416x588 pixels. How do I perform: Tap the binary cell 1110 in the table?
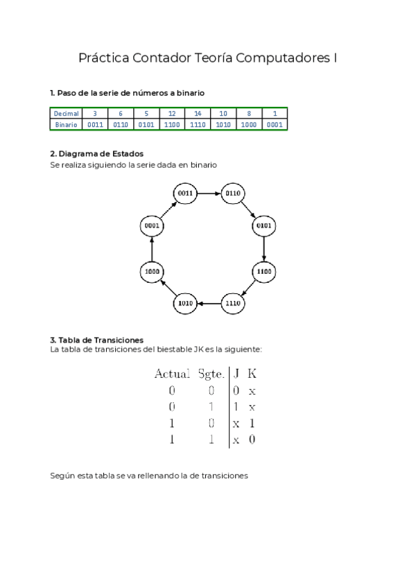(x=197, y=125)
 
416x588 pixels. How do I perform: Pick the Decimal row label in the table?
(x=67, y=114)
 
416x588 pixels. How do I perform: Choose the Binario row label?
(x=67, y=125)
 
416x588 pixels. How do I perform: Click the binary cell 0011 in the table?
(x=94, y=125)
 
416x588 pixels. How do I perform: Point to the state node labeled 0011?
(x=185, y=193)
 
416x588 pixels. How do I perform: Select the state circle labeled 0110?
(x=232, y=193)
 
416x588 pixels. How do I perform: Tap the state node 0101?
(x=264, y=226)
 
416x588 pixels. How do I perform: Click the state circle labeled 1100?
(x=264, y=273)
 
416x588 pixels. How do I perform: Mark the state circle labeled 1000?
(x=152, y=272)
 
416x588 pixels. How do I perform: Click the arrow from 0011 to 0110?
(x=209, y=193)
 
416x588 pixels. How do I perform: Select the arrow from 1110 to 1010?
(x=209, y=303)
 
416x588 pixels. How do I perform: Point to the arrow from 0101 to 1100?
(x=264, y=249)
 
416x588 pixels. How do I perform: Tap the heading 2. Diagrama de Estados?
(x=97, y=154)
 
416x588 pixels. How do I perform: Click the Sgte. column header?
(x=211, y=374)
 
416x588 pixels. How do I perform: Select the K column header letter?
(x=252, y=374)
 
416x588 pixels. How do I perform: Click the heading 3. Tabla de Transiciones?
(x=97, y=340)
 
